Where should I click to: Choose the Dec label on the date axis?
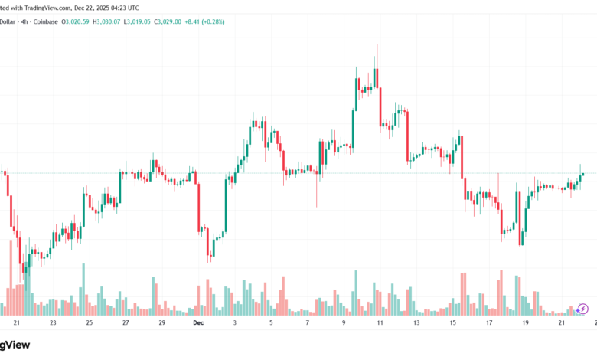pyautogui.click(x=198, y=323)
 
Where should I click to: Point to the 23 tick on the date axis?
pyautogui.click(x=52, y=323)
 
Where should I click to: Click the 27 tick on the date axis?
pyautogui.click(x=126, y=323)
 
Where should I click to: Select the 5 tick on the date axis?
pyautogui.click(x=271, y=323)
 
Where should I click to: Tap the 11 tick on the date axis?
pyautogui.click(x=380, y=323)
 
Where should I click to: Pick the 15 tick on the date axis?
pyautogui.click(x=452, y=323)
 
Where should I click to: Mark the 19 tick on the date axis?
pyautogui.click(x=525, y=323)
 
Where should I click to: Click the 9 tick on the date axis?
pyautogui.click(x=343, y=323)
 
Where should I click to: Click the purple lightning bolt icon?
pyautogui.click(x=583, y=309)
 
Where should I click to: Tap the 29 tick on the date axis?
pyautogui.click(x=162, y=323)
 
